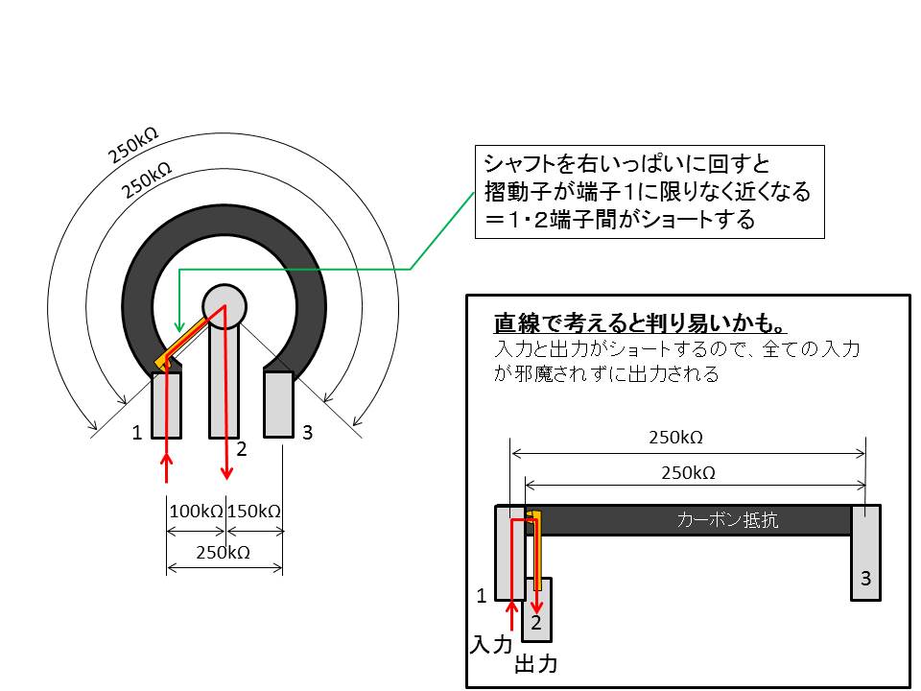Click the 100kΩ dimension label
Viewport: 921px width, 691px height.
pos(196,512)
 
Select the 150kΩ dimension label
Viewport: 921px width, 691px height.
pos(253,512)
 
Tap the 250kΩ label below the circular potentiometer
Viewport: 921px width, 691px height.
pos(224,553)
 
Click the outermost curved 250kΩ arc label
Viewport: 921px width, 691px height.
pos(132,145)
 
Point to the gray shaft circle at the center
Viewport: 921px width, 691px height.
pos(224,306)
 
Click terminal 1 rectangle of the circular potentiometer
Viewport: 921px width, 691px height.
pos(166,405)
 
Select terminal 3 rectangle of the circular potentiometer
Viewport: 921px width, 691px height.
pos(278,404)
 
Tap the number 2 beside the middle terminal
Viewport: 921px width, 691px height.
pos(242,449)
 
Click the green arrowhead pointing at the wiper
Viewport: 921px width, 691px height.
pos(179,325)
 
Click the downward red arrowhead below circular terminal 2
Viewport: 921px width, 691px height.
pos(226,472)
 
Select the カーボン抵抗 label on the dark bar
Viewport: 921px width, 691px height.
pos(727,520)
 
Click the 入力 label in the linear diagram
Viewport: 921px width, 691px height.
pos(491,645)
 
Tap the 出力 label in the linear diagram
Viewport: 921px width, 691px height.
pos(535,664)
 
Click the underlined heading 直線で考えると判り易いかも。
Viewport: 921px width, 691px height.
pos(640,323)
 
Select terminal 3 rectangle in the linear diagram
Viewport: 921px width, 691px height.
pos(865,553)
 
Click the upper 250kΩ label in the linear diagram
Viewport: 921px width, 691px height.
pos(675,438)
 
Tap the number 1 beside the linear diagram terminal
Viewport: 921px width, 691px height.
pos(482,596)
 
